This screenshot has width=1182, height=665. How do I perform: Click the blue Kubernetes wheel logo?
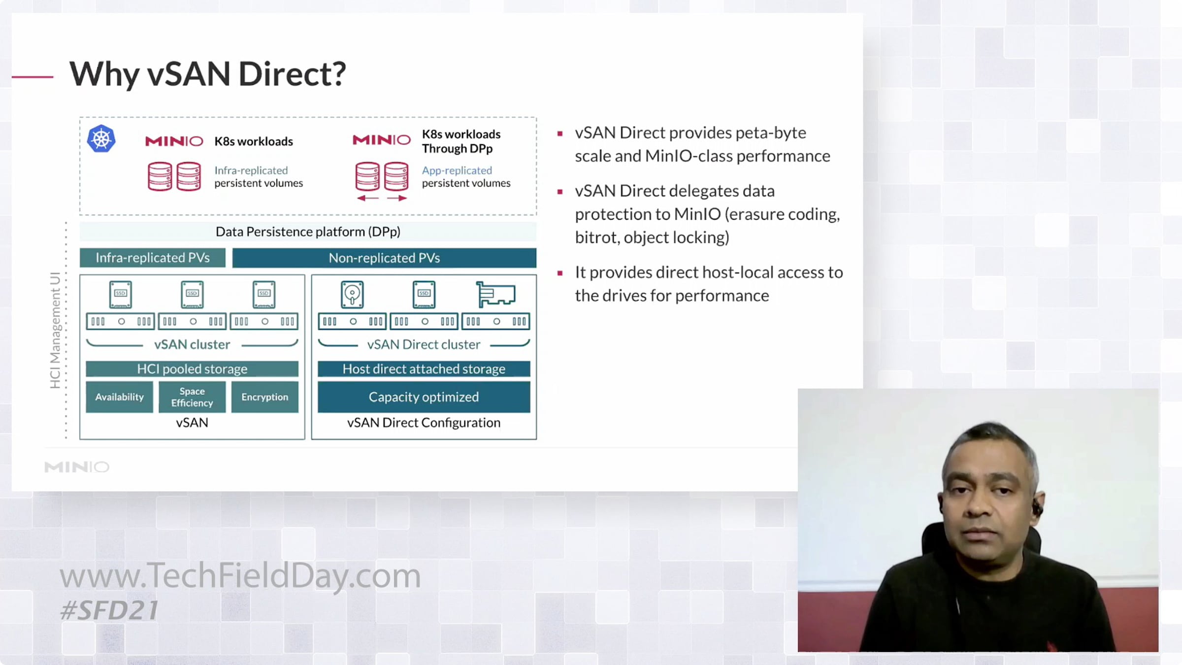[x=101, y=139]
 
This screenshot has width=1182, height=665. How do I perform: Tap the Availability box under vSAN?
[x=119, y=397]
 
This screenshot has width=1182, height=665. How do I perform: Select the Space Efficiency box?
[x=192, y=397]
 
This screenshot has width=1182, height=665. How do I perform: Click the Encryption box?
[x=265, y=397]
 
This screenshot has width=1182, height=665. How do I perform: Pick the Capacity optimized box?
[x=424, y=397]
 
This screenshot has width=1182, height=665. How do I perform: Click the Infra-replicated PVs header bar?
[x=153, y=258]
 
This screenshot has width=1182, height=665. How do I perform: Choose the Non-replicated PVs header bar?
[x=384, y=258]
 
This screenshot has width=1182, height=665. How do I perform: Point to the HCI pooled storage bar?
[x=192, y=368]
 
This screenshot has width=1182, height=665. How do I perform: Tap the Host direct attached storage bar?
[x=424, y=368]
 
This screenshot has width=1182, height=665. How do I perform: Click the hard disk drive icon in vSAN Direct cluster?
[x=352, y=294]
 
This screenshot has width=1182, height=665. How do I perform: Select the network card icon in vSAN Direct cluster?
[x=495, y=294]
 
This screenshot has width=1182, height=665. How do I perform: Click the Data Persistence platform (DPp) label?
[x=308, y=232]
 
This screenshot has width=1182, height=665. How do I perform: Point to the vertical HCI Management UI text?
[x=55, y=330]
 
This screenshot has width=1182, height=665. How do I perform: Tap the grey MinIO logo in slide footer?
[x=77, y=466]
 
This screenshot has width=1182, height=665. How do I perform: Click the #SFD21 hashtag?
[x=109, y=610]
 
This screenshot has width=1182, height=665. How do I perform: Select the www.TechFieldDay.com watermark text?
[x=240, y=575]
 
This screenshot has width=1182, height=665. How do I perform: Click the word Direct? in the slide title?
[x=292, y=74]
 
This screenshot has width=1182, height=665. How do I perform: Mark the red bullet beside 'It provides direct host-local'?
[x=560, y=273]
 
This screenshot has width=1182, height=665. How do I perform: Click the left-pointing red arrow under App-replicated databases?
[x=368, y=198]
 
